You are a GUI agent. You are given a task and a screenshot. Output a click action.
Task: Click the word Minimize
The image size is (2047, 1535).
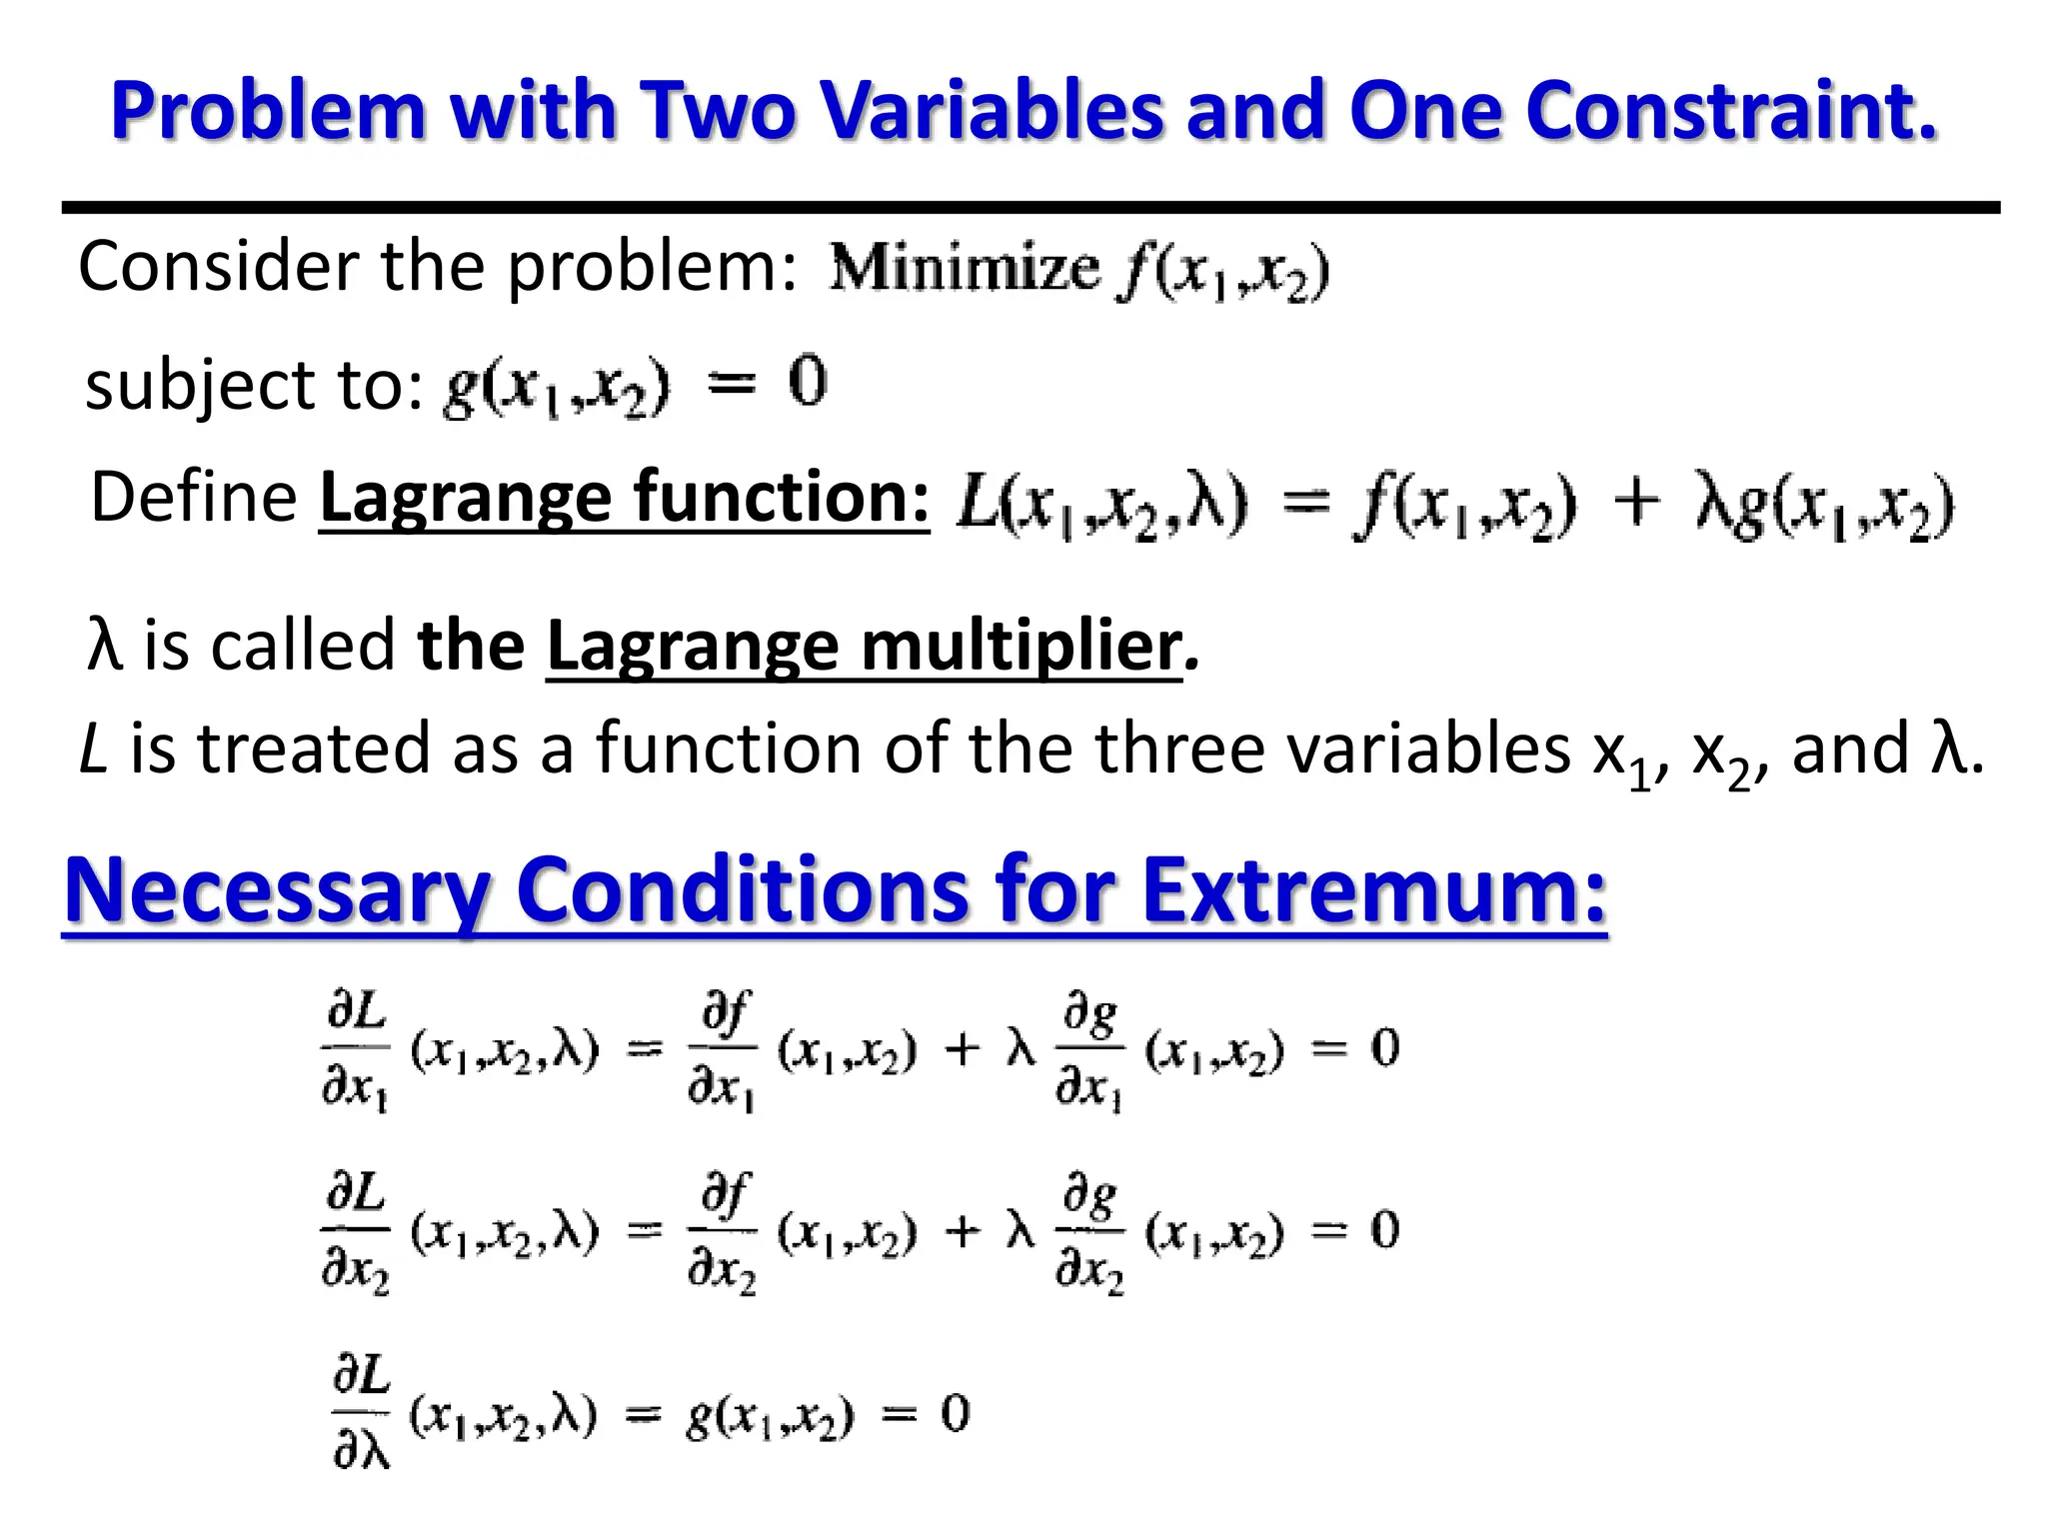tap(965, 268)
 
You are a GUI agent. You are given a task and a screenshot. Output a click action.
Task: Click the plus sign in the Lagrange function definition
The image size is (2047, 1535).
tap(1636, 501)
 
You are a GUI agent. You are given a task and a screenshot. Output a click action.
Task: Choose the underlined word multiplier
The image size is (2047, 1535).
tap(1020, 647)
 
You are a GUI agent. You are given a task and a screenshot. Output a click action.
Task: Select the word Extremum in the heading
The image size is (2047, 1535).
tap(1373, 889)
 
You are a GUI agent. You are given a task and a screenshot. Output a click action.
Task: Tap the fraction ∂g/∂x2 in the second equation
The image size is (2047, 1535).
tap(1089, 1231)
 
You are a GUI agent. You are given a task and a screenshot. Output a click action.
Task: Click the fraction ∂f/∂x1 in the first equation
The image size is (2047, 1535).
tap(722, 1049)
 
